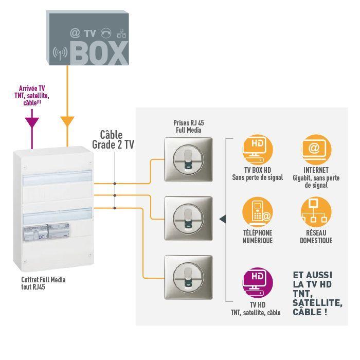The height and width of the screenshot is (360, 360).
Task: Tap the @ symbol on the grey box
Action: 75,33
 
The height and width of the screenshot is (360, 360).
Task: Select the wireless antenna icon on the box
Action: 60,53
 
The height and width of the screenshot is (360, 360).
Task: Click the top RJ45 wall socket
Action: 188,159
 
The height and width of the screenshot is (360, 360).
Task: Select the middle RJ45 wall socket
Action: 188,219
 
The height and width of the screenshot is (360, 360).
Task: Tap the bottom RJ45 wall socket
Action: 188,277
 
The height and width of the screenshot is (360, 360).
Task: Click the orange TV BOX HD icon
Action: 258,150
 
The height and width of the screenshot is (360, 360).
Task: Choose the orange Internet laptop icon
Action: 316,150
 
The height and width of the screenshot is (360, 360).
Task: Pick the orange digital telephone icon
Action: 258,212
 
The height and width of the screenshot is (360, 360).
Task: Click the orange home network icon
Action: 316,212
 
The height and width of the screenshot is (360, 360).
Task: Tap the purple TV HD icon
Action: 258,283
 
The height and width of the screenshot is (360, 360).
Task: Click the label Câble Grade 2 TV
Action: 113,140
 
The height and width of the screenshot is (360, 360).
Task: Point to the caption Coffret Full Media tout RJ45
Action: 43,283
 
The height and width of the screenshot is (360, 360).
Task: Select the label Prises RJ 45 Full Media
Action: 189,127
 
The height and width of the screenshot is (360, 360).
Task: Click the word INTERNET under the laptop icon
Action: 316,170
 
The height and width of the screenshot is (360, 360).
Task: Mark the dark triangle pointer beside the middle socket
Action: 223,219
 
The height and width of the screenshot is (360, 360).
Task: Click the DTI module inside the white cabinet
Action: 35,232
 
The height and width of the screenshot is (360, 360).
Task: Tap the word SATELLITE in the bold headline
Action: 317,303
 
